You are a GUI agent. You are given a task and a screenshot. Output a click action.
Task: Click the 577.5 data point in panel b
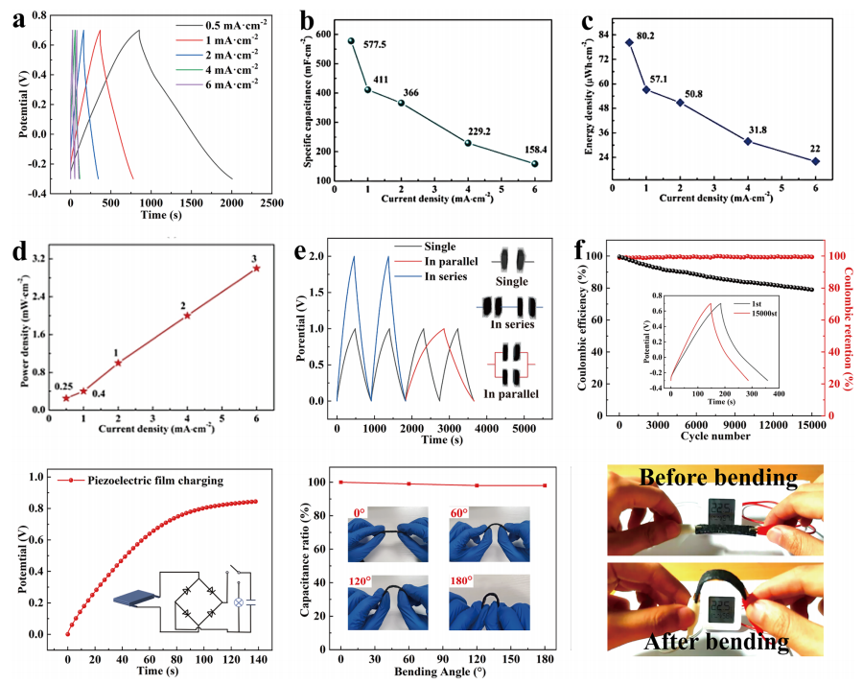(351, 41)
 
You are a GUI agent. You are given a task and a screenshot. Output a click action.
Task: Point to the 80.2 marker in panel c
(629, 42)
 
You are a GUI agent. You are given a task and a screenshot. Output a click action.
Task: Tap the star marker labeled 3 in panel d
(256, 269)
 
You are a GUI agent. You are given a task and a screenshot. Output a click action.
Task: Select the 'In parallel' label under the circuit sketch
(510, 393)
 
